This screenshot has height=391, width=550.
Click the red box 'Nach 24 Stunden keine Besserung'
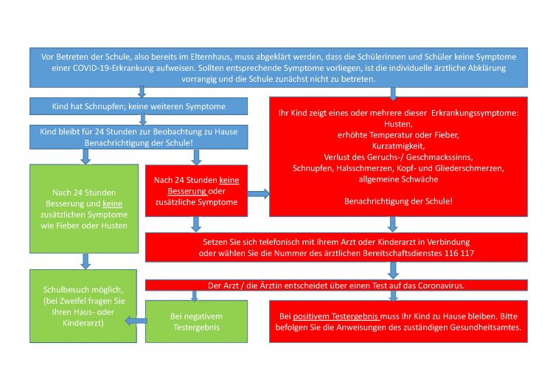(196, 190)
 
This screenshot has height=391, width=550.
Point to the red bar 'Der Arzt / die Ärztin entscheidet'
(335, 285)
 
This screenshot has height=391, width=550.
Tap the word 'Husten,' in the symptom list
(398, 124)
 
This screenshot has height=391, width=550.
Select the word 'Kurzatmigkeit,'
(398, 145)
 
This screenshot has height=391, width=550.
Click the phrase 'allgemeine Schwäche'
(398, 179)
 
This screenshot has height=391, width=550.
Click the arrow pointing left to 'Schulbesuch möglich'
(135, 321)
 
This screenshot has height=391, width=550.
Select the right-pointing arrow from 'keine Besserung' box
(259, 193)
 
